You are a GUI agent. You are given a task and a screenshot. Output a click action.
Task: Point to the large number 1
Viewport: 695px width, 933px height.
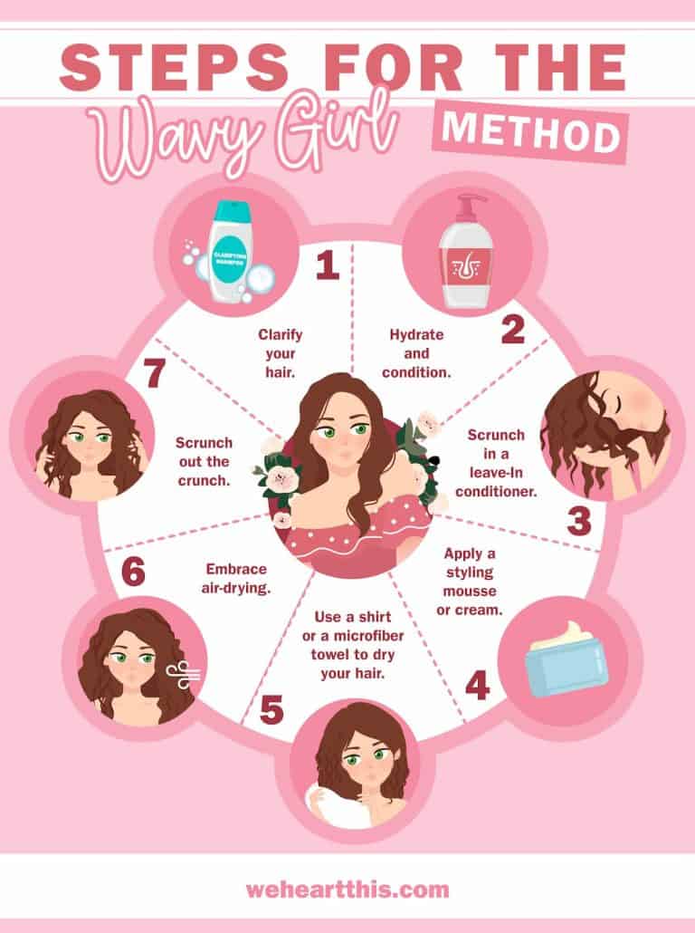click(x=327, y=265)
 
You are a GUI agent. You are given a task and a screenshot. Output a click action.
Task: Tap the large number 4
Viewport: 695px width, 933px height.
click(x=477, y=686)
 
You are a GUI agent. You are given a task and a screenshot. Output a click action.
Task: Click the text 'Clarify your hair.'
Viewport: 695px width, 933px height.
click(x=279, y=354)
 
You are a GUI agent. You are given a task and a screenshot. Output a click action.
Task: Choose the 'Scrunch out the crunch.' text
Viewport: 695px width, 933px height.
click(x=205, y=461)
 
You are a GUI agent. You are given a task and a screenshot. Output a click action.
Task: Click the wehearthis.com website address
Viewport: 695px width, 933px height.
click(x=347, y=890)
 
